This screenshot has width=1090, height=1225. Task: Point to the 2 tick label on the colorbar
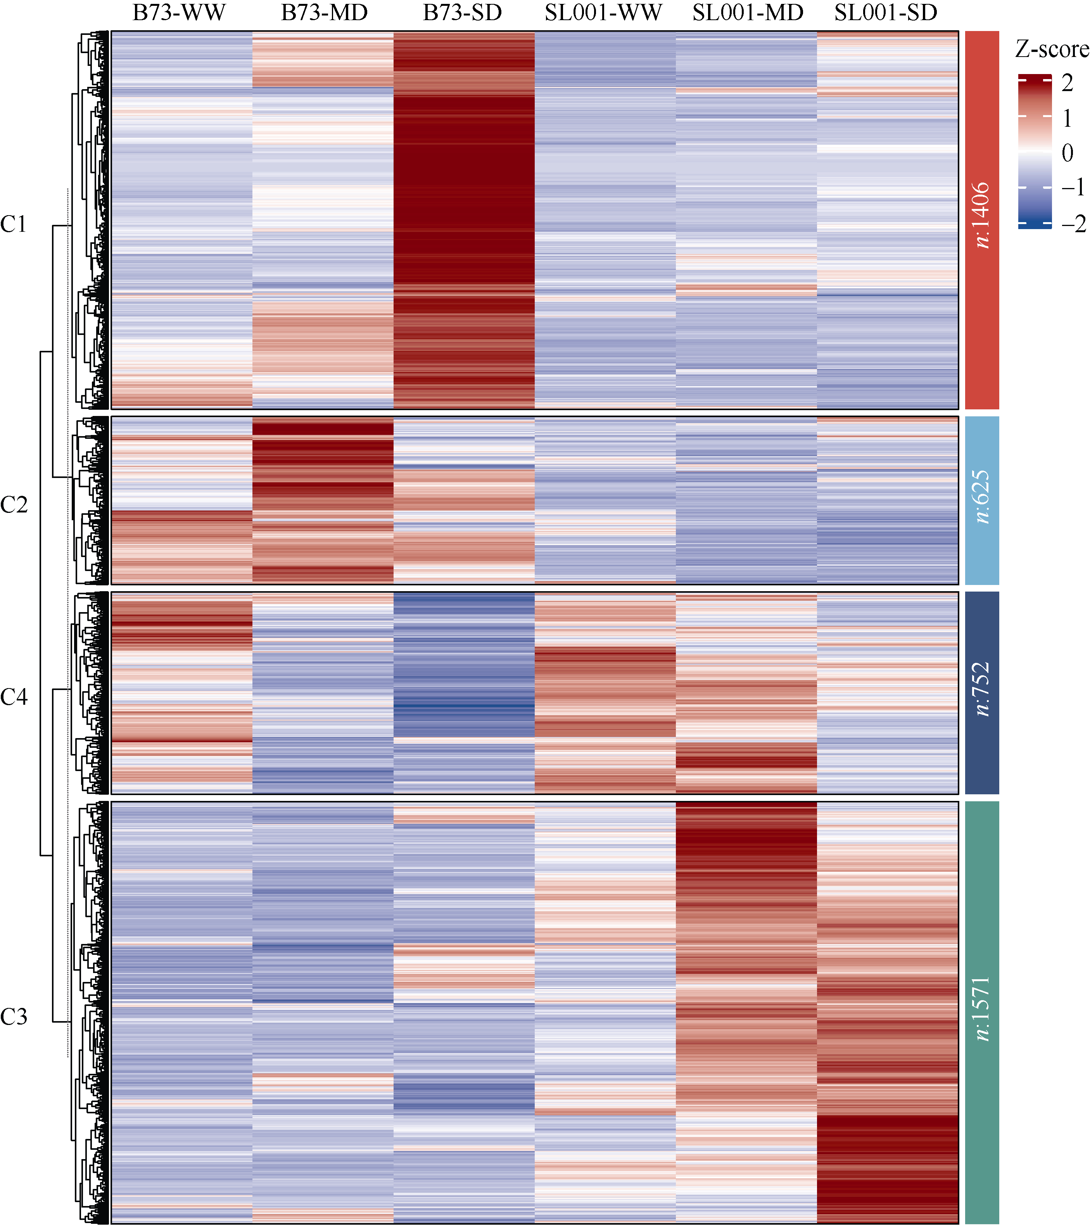point(1067,83)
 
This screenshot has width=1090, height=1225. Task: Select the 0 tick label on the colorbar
point(1067,153)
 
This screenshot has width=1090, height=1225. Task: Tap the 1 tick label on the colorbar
point(1067,118)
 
